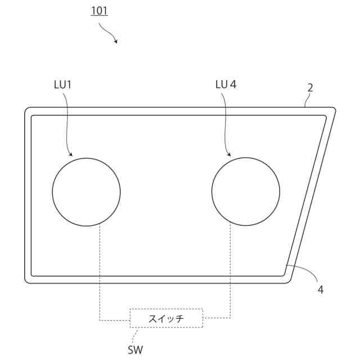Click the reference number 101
click(99, 11)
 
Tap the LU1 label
click(62, 85)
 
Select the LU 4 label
click(226, 84)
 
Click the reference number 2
click(310, 88)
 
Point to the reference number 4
click(321, 290)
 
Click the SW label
click(135, 350)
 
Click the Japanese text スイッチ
click(166, 319)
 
